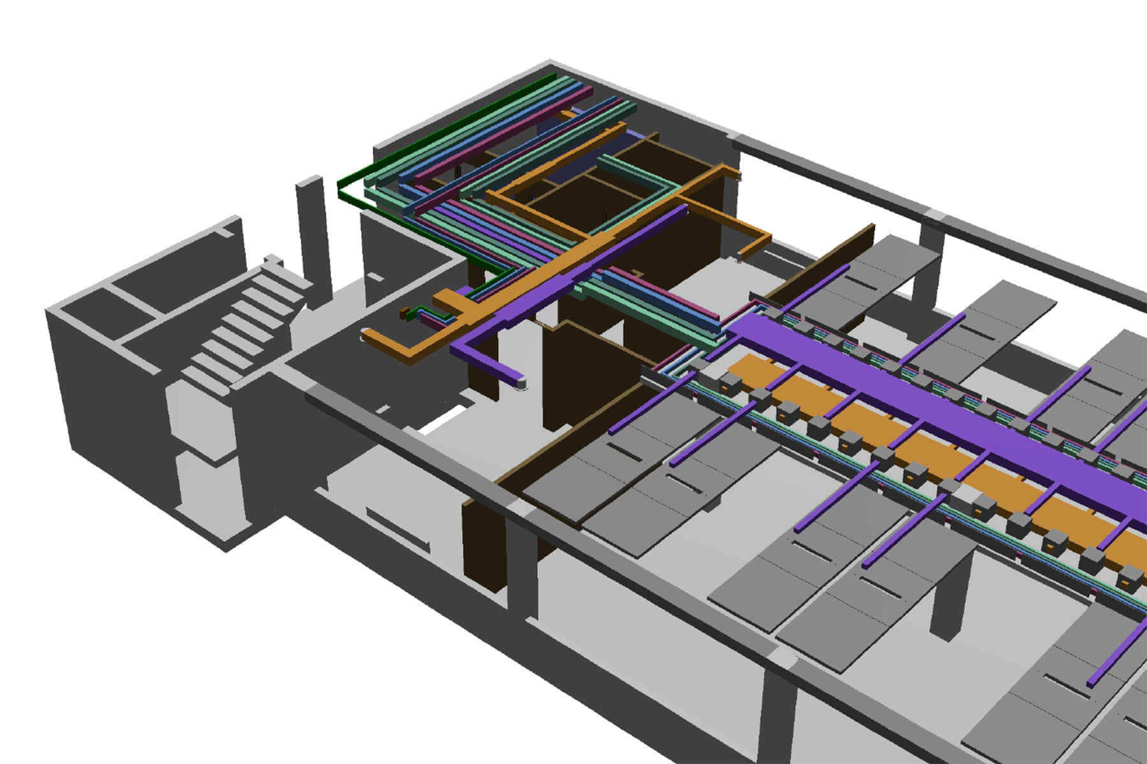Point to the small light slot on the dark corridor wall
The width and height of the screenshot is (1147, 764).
(377, 278)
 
